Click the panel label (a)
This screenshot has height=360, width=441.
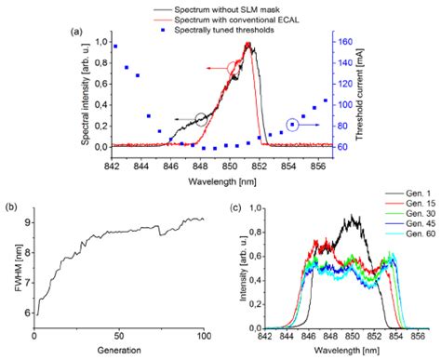[x=78, y=31]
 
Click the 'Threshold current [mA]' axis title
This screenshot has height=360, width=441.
[x=369, y=93]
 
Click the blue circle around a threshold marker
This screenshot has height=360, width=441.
[x=292, y=124]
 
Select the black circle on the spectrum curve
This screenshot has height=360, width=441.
[x=202, y=119]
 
